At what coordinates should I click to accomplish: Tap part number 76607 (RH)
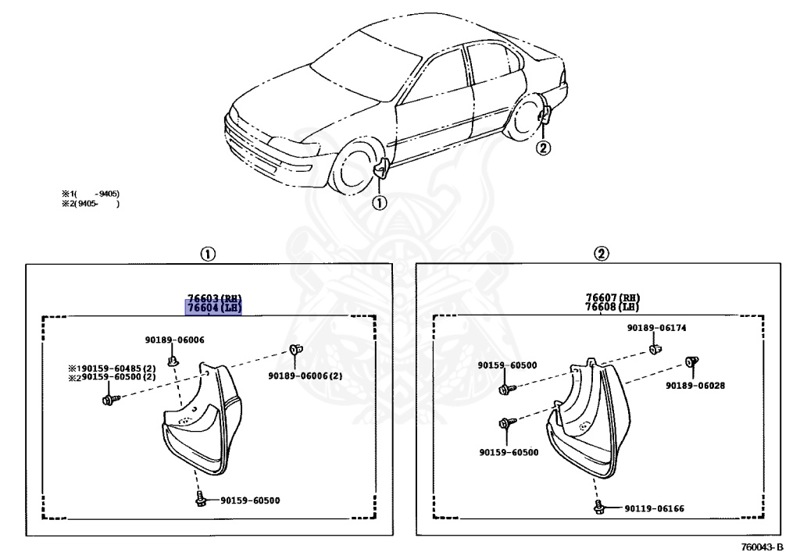(612, 297)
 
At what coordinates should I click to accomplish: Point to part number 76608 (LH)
(612, 308)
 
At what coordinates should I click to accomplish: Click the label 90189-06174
(656, 328)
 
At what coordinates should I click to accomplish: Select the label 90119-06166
(654, 509)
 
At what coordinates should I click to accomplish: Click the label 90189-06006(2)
(305, 376)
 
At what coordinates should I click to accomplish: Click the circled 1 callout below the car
(378, 203)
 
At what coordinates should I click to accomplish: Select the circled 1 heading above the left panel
(208, 254)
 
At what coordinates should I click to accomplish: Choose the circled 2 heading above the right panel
(600, 254)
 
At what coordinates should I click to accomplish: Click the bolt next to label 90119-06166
(599, 508)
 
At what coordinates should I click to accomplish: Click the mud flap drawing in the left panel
(198, 426)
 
